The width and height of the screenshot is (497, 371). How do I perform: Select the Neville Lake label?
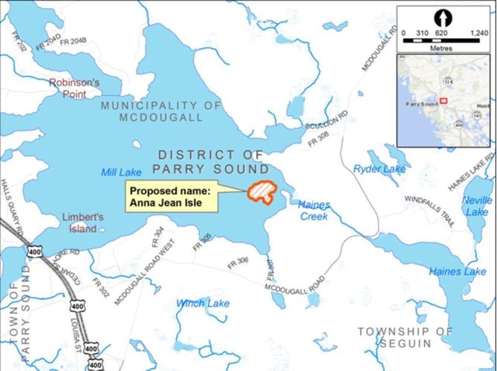(476, 206)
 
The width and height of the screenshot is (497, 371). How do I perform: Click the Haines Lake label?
(456, 272)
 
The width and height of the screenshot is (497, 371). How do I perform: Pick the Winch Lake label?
(202, 303)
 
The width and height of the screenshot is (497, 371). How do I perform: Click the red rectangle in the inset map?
(444, 100)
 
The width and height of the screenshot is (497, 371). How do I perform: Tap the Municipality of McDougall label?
(161, 111)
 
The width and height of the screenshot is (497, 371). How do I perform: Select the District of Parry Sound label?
(212, 161)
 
